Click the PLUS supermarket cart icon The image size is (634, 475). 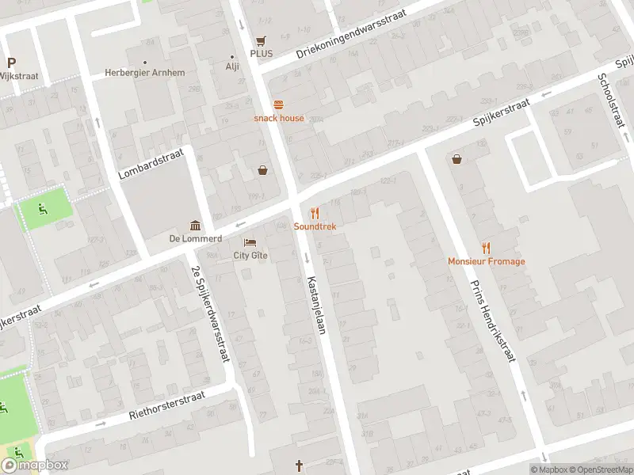(261, 40)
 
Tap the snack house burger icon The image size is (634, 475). (278, 104)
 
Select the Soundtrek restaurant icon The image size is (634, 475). (315, 213)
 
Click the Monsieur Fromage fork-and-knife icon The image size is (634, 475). (486, 248)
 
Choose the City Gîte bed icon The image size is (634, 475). (250, 242)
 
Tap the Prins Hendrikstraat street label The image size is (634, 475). (492, 321)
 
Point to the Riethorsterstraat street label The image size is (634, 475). (166, 405)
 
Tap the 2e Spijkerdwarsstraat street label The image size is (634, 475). (210, 314)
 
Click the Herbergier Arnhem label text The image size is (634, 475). (145, 73)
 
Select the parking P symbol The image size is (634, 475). (11, 63)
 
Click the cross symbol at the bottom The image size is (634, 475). (300, 465)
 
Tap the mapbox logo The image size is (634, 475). (35, 465)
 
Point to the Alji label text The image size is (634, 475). (232, 66)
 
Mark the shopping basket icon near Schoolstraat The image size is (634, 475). (457, 159)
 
